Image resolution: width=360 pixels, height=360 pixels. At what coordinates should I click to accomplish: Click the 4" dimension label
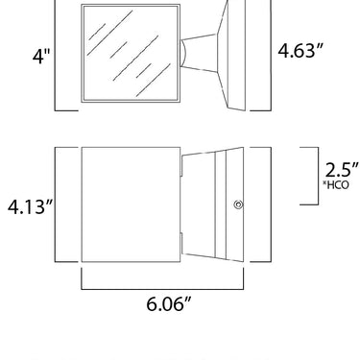41,57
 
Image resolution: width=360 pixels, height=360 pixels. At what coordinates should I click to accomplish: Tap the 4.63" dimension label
300,51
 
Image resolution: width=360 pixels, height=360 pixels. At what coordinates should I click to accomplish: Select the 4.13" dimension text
31,206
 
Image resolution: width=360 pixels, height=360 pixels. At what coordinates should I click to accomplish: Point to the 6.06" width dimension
170,303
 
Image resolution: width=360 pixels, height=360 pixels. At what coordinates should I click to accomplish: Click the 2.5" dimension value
342,170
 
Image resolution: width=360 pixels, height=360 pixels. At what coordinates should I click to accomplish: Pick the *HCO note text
336,185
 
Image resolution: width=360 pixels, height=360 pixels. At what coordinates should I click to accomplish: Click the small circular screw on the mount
238,204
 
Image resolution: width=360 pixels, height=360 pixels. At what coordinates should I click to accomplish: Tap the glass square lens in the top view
131,53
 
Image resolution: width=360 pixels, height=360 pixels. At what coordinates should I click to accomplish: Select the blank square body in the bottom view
131,204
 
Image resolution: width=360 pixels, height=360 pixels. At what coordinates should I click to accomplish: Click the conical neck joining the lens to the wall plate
199,53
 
